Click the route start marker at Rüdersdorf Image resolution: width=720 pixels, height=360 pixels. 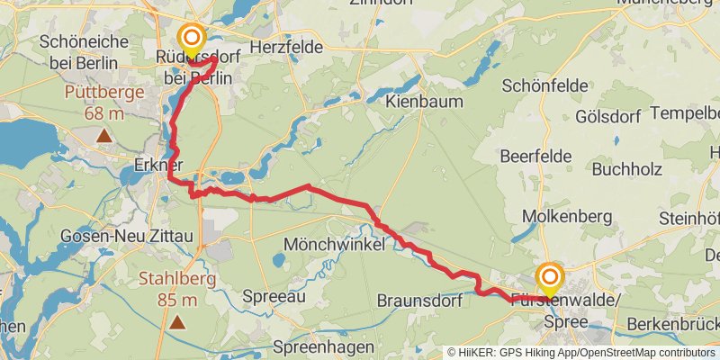click(191, 39)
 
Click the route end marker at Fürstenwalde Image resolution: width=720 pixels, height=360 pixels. click(549, 276)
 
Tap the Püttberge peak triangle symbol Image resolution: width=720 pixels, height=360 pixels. click(105, 136)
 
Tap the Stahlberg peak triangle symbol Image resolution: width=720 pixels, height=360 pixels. click(178, 320)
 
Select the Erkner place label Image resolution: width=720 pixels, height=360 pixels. click(157, 166)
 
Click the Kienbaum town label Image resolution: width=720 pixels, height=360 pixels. click(424, 102)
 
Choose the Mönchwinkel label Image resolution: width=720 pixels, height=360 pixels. click(335, 244)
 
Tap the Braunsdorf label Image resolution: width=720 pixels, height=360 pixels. click(420, 300)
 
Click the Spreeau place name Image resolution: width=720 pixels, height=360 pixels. click(274, 296)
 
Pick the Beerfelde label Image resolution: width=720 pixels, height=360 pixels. click(535, 157)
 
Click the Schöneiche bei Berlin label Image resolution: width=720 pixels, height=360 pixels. click(87, 51)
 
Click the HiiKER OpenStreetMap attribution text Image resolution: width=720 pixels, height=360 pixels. click(581, 352)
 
